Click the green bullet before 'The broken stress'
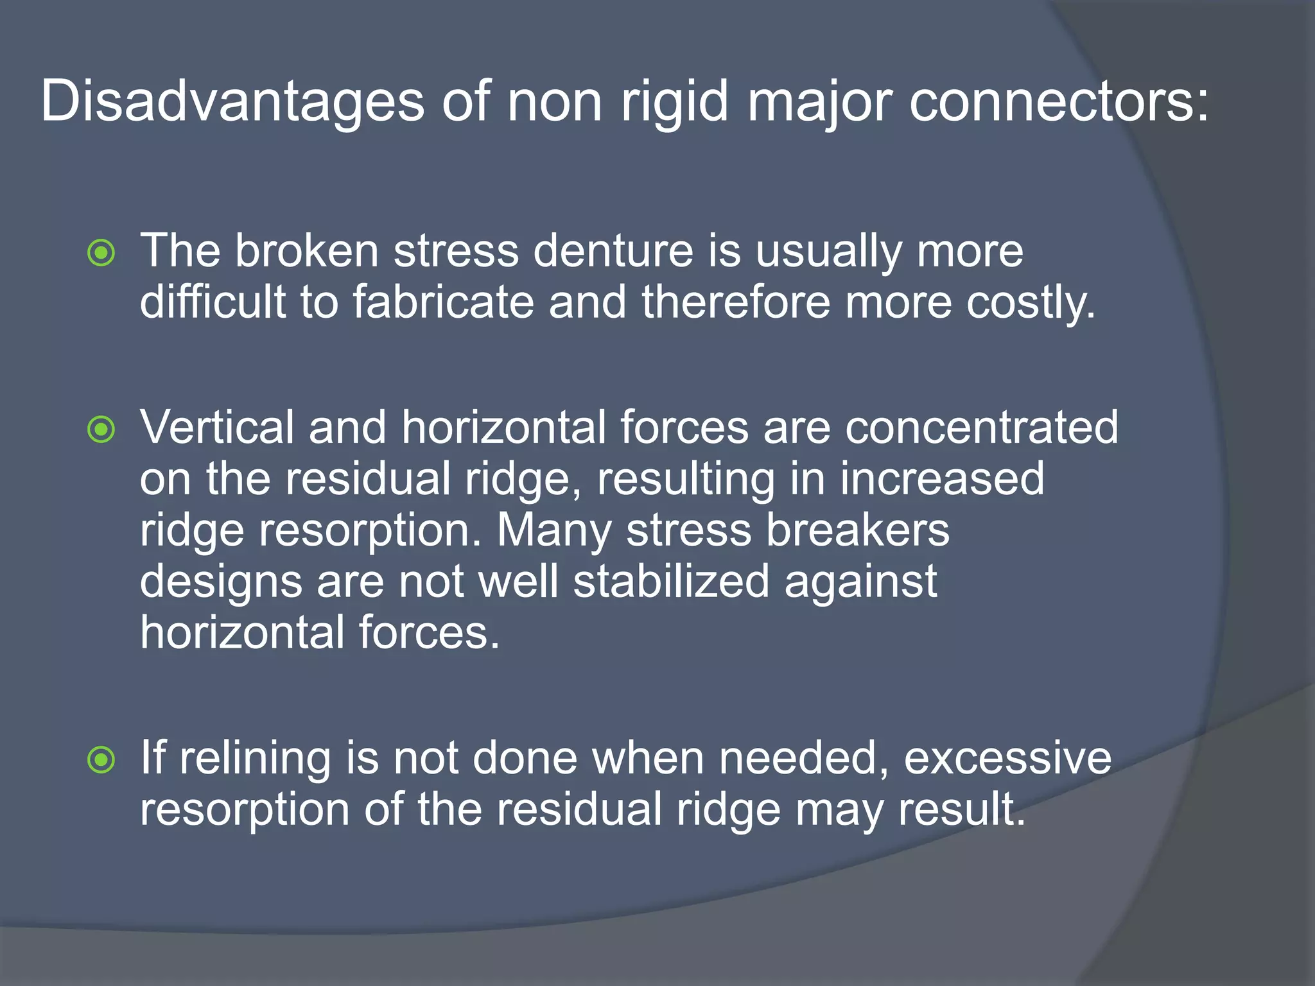(101, 252)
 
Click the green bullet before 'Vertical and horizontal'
(101, 429)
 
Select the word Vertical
(217, 427)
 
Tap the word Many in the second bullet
(554, 530)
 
